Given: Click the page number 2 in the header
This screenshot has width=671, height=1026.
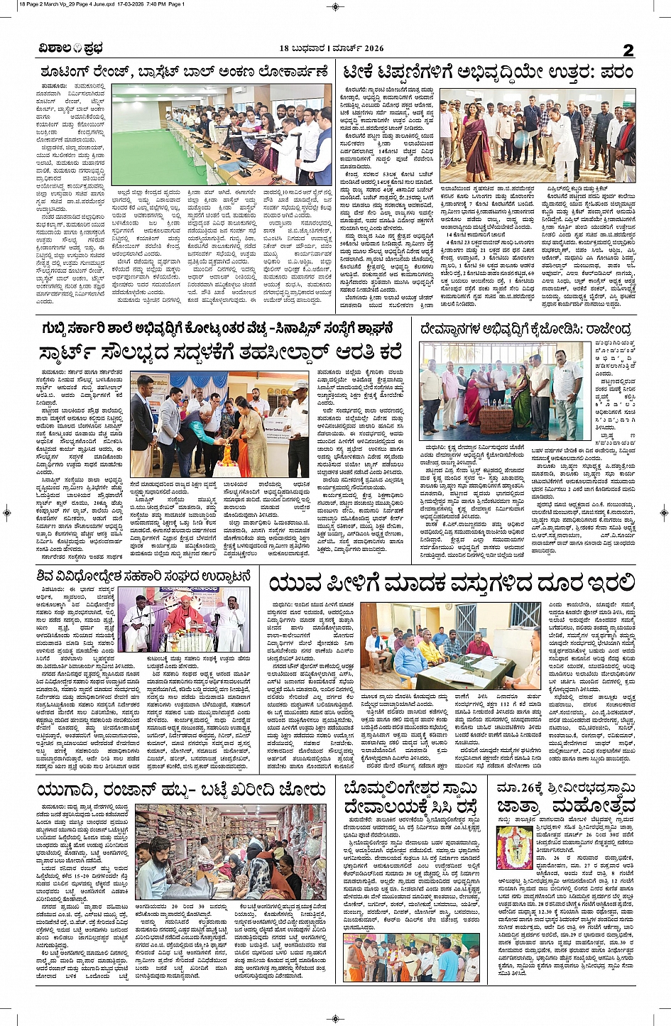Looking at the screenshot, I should point(628,49).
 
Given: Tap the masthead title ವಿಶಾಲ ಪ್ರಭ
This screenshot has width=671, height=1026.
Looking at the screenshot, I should point(70,48).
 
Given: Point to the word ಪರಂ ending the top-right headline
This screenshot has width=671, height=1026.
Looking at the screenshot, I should point(616,71).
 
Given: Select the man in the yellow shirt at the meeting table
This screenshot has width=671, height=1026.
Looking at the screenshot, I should point(429,650).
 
